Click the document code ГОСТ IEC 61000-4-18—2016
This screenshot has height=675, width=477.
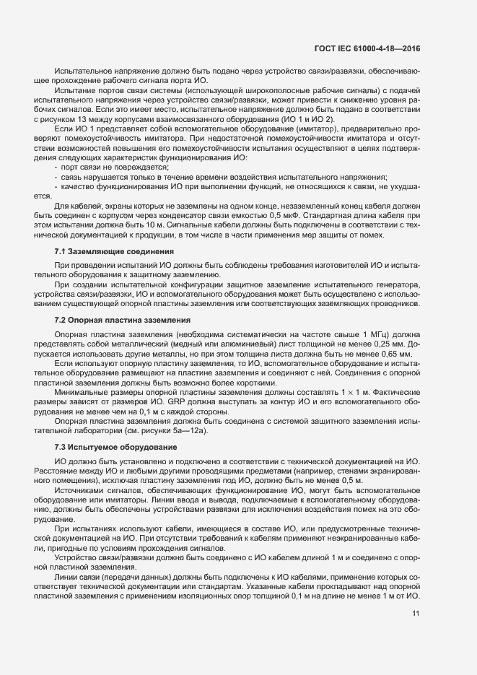[x=368, y=49]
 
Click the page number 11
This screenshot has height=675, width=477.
[x=416, y=614]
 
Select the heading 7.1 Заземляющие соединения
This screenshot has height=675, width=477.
[x=114, y=251]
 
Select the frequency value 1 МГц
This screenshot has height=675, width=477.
[x=325, y=336]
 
